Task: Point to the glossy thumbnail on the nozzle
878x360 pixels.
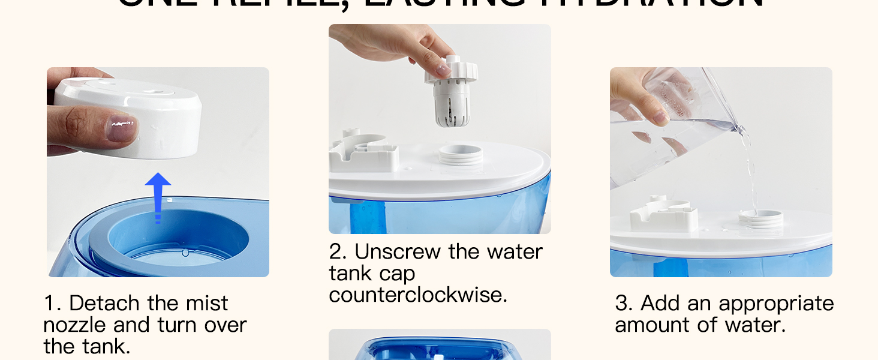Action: [122, 128]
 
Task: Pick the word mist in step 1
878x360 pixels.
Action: [205, 303]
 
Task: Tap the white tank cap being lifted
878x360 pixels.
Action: [451, 90]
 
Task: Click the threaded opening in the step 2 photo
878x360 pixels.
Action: [461, 155]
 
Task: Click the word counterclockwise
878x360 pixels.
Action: [418, 295]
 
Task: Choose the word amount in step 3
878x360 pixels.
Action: [653, 325]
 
